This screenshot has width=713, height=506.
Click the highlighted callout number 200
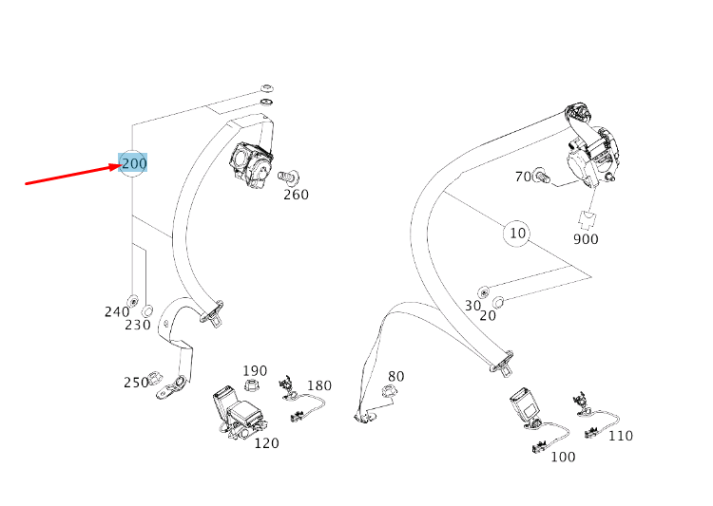(134, 163)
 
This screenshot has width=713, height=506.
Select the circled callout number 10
(517, 233)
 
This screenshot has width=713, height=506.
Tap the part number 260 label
(296, 195)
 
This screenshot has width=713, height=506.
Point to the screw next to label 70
(542, 175)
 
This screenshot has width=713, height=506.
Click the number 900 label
(586, 239)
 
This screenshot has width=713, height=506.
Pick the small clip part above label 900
(588, 221)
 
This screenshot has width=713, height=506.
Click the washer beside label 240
(133, 300)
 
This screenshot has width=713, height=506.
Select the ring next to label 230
(147, 311)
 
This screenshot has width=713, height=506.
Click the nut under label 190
(251, 385)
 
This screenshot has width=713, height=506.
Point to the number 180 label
(319, 385)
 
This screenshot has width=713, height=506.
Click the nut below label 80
(388, 390)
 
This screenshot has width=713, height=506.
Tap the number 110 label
(621, 436)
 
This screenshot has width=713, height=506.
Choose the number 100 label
(563, 457)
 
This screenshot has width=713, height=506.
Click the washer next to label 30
(483, 292)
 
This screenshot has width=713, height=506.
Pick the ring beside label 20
(498, 302)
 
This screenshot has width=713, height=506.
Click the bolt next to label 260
(288, 175)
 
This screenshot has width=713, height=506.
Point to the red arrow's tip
(122, 165)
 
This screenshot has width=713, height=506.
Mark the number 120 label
(266, 442)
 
